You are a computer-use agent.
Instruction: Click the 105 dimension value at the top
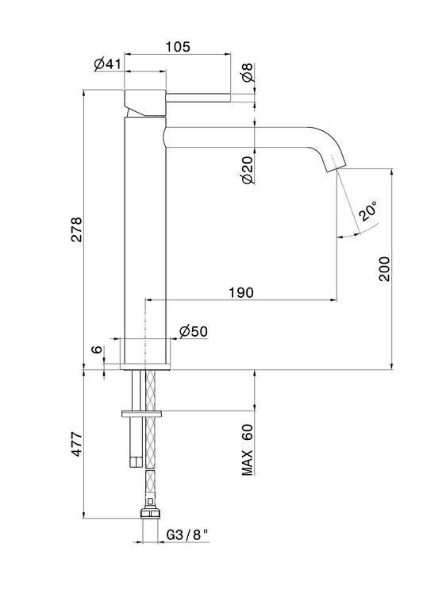[x=178, y=47]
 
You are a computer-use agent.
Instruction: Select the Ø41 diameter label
[x=107, y=64]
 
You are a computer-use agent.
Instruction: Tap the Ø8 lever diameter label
[x=248, y=72]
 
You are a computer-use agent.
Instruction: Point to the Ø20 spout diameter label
[x=248, y=170]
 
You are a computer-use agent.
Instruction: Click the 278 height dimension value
[x=77, y=230]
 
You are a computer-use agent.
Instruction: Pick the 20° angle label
[x=369, y=211]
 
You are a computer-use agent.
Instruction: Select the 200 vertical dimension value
[x=385, y=269]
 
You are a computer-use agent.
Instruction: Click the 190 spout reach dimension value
[x=241, y=292]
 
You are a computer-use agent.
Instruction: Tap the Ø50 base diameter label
[x=194, y=331]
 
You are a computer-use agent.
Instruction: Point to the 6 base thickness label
[x=98, y=349]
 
